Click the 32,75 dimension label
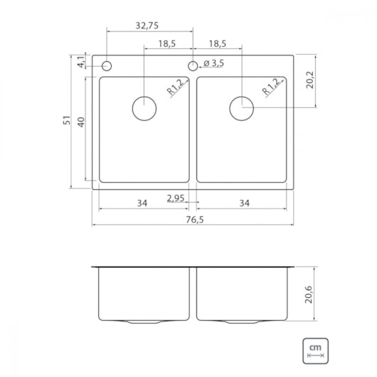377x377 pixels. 147,26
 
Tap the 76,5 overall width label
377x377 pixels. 194,220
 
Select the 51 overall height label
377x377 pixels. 67,120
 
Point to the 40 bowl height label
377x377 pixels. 81,122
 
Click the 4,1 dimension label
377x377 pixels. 81,62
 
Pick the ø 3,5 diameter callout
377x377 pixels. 213,63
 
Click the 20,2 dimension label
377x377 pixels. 310,80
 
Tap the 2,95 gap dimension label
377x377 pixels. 176,198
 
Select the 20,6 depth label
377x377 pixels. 309,294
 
